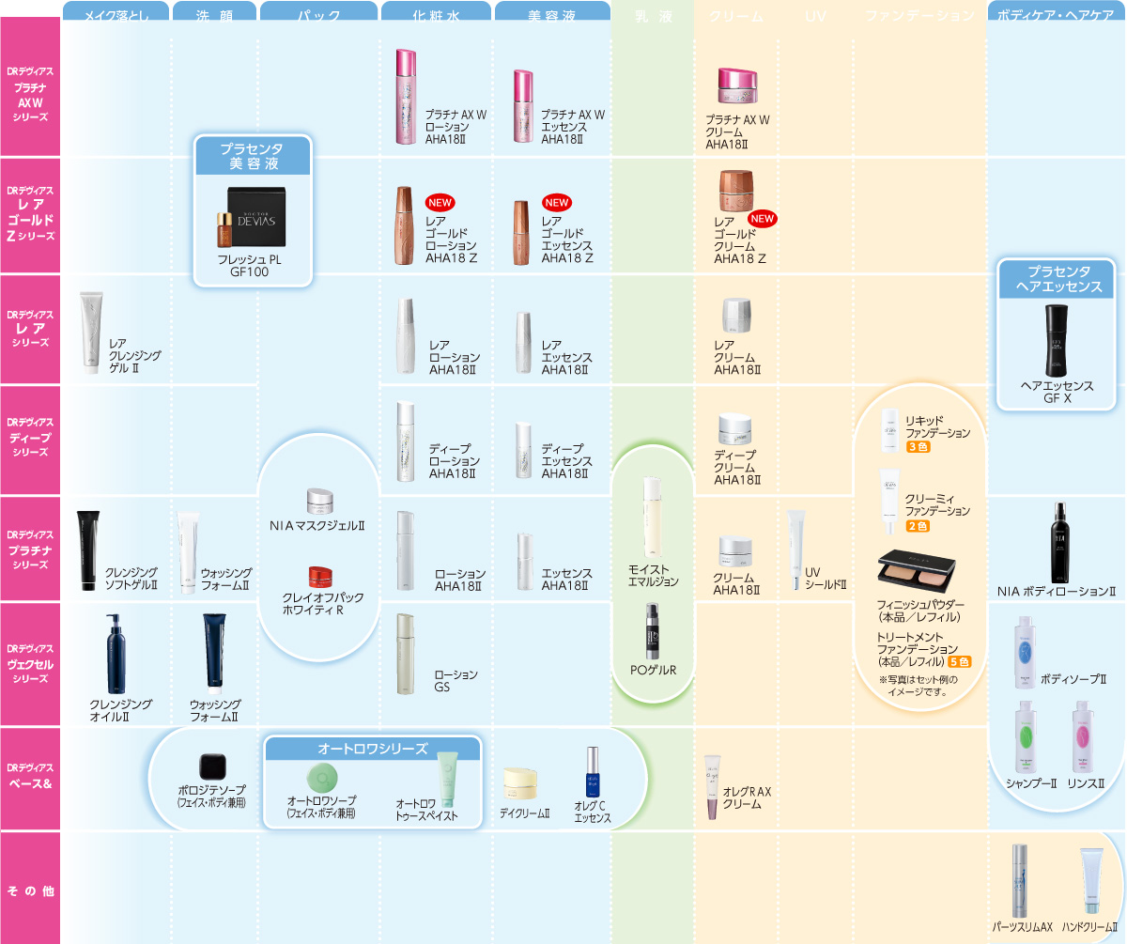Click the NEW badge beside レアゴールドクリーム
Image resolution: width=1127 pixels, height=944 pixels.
pyautogui.click(x=763, y=219)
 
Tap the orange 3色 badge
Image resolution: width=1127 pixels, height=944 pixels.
pyautogui.click(x=918, y=447)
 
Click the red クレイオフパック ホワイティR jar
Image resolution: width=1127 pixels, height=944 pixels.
pyautogui.click(x=320, y=576)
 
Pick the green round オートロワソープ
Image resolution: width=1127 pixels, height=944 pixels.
pyautogui.click(x=322, y=776)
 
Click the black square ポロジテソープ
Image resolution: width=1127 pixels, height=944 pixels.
pyautogui.click(x=211, y=767)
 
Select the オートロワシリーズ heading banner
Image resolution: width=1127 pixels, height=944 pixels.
pyautogui.click(x=373, y=749)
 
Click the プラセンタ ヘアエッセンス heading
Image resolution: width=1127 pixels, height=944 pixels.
pyautogui.click(x=1057, y=279)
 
